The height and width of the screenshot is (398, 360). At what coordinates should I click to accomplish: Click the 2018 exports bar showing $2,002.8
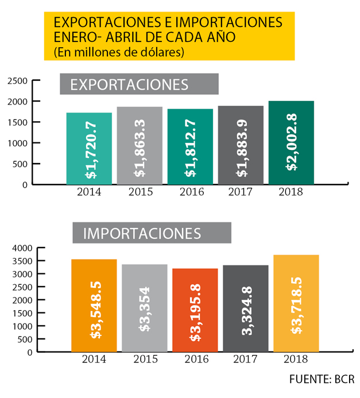point(291,142)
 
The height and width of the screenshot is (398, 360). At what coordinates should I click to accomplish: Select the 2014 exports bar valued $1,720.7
point(89,148)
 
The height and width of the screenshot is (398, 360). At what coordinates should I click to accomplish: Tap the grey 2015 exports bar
point(140,145)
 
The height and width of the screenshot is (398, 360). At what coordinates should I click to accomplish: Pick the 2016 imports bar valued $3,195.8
point(195,310)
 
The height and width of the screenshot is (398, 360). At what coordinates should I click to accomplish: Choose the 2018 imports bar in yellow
point(296,303)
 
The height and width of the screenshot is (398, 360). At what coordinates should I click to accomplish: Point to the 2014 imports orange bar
point(94,305)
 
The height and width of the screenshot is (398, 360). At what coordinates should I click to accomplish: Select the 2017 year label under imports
point(245,360)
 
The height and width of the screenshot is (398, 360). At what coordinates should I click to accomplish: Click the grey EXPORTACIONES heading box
point(140,84)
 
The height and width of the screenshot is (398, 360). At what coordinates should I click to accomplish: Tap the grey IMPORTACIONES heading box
point(152,233)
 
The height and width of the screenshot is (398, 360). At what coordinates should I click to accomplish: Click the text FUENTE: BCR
point(322,380)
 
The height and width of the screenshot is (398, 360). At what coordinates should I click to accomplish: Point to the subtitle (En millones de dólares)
point(118,53)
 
